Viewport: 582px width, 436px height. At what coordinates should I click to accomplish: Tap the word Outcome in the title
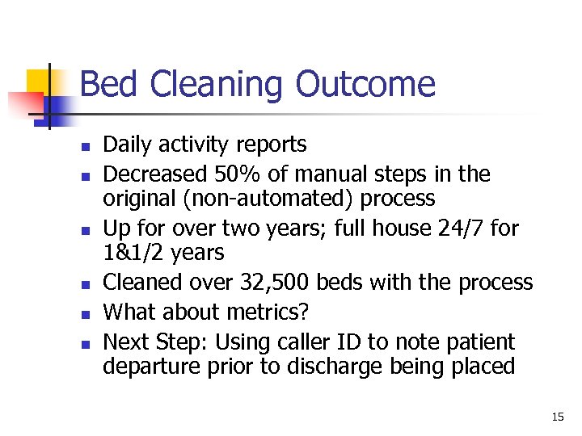(365, 85)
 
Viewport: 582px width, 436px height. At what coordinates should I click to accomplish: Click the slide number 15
(558, 417)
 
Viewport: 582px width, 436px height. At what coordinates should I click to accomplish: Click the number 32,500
(276, 282)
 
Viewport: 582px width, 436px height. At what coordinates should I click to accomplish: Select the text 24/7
(452, 228)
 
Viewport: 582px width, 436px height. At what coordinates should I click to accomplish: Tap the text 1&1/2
(133, 253)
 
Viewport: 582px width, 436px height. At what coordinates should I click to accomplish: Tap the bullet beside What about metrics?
(82, 313)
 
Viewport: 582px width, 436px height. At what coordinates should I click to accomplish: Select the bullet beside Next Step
(82, 342)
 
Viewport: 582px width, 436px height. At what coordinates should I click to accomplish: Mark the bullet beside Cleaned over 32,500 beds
(82, 283)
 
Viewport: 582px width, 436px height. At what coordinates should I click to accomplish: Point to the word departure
(142, 367)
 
